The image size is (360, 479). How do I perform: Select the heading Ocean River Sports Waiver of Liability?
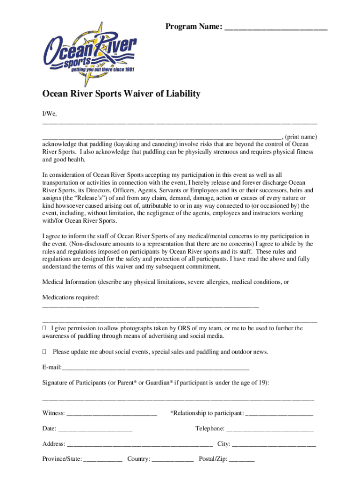pyautogui.click(x=121, y=94)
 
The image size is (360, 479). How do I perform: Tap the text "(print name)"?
pyautogui.click(x=301, y=137)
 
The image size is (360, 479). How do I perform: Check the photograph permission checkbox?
pyautogui.click(x=44, y=328)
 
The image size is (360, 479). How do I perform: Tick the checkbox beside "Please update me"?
pyautogui.click(x=44, y=352)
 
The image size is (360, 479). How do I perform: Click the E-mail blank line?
pyautogui.click(x=155, y=367)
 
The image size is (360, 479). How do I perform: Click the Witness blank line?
pyautogui.click(x=112, y=414)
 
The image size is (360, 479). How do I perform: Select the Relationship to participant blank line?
pyautogui.click(x=279, y=414)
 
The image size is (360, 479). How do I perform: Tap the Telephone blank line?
pyautogui.click(x=270, y=429)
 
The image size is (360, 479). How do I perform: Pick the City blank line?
pyautogui.click(x=274, y=444)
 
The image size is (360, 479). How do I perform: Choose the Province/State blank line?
pyautogui.click(x=103, y=460)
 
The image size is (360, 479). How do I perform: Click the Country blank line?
pyautogui.click(x=173, y=460)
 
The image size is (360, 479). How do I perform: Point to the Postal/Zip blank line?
pyautogui.click(x=242, y=460)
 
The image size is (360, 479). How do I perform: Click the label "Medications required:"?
pyautogui.click(x=71, y=298)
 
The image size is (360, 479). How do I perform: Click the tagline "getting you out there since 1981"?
pyautogui.click(x=102, y=71)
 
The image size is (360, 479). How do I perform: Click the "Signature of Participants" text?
pyautogui.click(x=74, y=383)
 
